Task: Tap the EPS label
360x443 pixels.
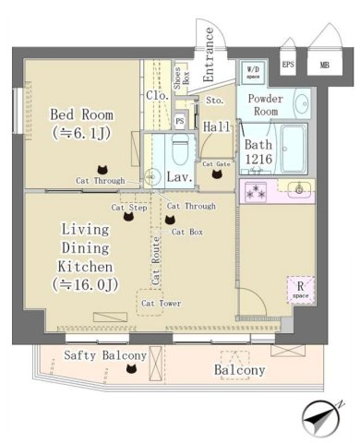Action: (x=288, y=65)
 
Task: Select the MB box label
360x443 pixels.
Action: (x=324, y=65)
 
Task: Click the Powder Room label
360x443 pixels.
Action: (x=267, y=103)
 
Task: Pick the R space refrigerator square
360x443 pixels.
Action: (x=299, y=289)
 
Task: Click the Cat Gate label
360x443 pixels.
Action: (x=217, y=162)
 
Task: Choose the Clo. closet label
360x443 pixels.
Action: (x=155, y=95)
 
